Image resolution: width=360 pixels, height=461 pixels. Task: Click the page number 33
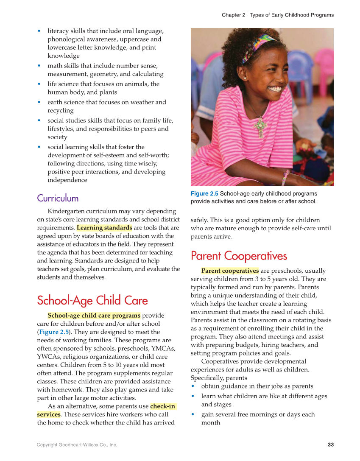pyautogui.click(x=331, y=444)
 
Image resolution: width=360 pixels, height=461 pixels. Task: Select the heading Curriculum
pyautogui.click(x=58, y=198)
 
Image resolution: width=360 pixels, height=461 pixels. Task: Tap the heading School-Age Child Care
pyautogui.click(x=92, y=301)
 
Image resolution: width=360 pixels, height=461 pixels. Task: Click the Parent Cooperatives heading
pyautogui.click(x=239, y=256)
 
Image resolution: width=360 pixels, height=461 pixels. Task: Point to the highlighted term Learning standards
pyautogui.click(x=104, y=228)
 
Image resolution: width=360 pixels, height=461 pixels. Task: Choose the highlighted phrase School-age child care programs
pyautogui.click(x=94, y=316)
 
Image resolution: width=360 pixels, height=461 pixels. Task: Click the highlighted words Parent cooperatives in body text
pyautogui.click(x=230, y=271)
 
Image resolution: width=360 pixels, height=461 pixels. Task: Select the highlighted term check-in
pyautogui.click(x=163, y=406)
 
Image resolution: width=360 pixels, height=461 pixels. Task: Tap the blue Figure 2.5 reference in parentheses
pyautogui.click(x=54, y=332)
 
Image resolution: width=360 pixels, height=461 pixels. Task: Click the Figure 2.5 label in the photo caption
pyautogui.click(x=204, y=194)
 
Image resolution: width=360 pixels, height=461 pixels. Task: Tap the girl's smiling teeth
pyautogui.click(x=275, y=89)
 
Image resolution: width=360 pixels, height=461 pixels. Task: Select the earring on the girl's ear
pyautogui.click(x=245, y=78)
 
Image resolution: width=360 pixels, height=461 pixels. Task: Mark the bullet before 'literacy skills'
pyautogui.click(x=39, y=31)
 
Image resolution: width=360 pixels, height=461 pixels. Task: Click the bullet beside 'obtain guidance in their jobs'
pyautogui.click(x=193, y=386)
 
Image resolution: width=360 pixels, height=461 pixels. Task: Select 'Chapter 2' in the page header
pyautogui.click(x=233, y=15)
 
